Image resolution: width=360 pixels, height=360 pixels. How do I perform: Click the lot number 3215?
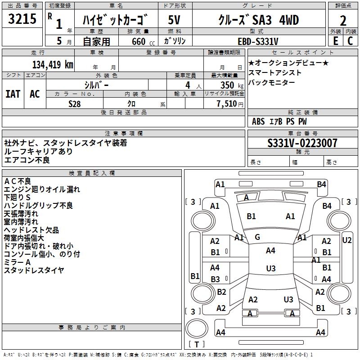point(22,19)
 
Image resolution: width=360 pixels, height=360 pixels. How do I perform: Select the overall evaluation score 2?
point(343,20)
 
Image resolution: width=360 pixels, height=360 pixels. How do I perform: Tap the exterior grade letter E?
point(335,40)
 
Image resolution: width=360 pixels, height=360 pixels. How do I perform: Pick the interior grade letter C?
point(350,40)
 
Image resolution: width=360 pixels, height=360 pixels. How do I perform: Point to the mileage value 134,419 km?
point(52,64)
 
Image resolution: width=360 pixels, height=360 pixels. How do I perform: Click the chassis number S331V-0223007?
point(302,143)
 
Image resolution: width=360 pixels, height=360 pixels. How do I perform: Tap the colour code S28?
point(75,103)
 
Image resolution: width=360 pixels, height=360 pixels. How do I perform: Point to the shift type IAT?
point(13,94)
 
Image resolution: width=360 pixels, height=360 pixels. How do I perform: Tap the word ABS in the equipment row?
point(258,121)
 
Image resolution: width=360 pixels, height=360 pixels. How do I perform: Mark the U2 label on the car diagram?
point(347,240)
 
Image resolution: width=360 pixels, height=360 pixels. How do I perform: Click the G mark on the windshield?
point(257,237)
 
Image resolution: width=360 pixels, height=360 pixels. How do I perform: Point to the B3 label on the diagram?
point(215,279)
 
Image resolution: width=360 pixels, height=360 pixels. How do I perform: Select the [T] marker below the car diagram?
point(196,345)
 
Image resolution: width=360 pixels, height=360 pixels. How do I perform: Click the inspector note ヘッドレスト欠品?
point(31,230)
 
